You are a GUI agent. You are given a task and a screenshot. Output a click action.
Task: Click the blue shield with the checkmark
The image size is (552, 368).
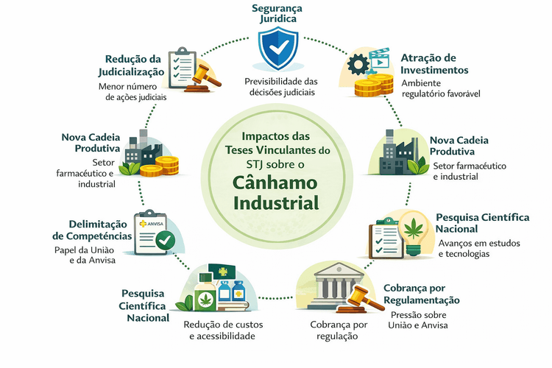[277, 49]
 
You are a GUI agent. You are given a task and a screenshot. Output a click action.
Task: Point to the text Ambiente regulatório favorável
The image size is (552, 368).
[439, 89]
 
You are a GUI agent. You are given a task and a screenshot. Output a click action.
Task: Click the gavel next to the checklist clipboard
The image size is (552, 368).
[202, 76]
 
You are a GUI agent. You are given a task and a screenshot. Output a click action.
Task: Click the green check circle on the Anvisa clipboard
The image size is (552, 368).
[165, 239]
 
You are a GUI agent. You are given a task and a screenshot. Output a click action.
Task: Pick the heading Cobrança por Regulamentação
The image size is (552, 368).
[422, 294]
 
